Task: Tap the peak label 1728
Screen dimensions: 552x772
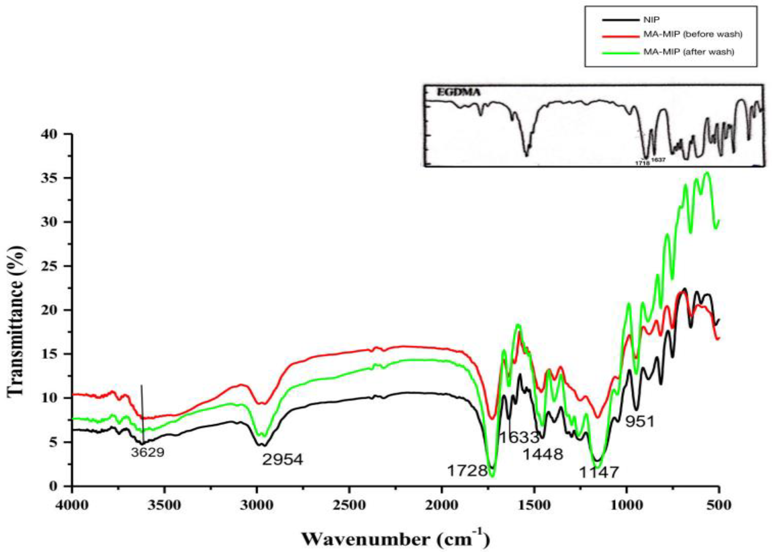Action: click(467, 471)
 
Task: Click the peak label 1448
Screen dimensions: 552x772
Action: click(542, 454)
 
